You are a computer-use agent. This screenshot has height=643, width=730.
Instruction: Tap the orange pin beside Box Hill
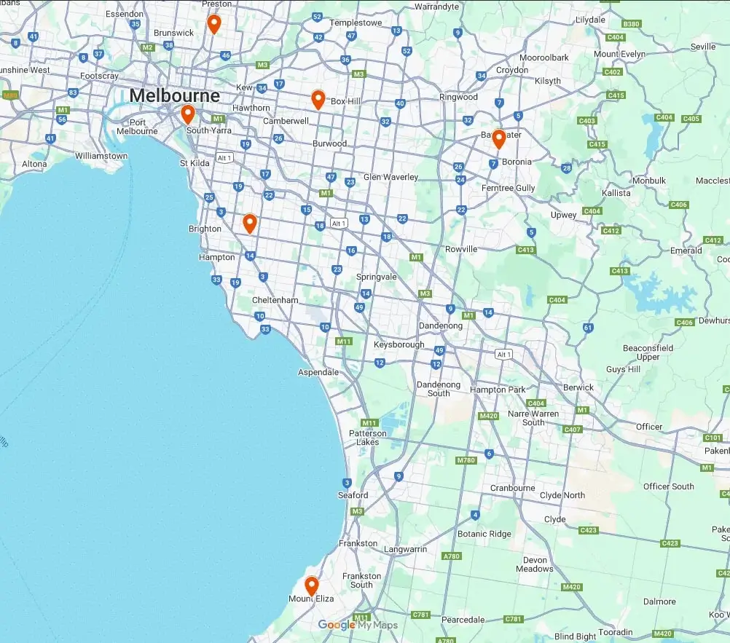tap(318, 99)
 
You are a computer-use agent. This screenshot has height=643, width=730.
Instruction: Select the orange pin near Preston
tap(213, 24)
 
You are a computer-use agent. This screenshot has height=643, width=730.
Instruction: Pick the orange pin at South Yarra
tap(187, 114)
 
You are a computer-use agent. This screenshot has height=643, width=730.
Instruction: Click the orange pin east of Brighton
tap(250, 223)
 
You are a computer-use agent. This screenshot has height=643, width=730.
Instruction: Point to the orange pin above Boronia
tap(498, 138)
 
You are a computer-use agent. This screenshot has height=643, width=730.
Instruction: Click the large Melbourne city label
tap(174, 95)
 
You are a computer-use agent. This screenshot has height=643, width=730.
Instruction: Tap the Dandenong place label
tap(439, 326)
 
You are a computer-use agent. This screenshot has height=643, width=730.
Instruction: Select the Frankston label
tap(358, 543)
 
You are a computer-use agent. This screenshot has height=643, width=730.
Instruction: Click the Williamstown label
tap(101, 156)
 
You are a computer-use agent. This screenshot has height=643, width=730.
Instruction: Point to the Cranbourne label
tap(512, 489)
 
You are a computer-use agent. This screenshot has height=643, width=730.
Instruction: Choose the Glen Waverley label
tap(390, 177)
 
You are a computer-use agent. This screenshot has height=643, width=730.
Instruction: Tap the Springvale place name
tap(377, 277)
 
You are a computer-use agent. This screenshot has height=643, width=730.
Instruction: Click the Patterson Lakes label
tap(368, 438)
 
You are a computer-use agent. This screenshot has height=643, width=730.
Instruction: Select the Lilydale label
tap(590, 20)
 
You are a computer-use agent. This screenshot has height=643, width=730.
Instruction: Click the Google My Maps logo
tap(358, 625)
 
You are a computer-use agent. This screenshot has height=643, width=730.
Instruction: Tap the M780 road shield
tap(465, 461)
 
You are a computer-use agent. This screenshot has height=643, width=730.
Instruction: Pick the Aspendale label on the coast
tap(319, 372)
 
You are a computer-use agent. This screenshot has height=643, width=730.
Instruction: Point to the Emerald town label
tap(686, 251)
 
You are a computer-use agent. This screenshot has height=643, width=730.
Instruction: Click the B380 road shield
tap(632, 24)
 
